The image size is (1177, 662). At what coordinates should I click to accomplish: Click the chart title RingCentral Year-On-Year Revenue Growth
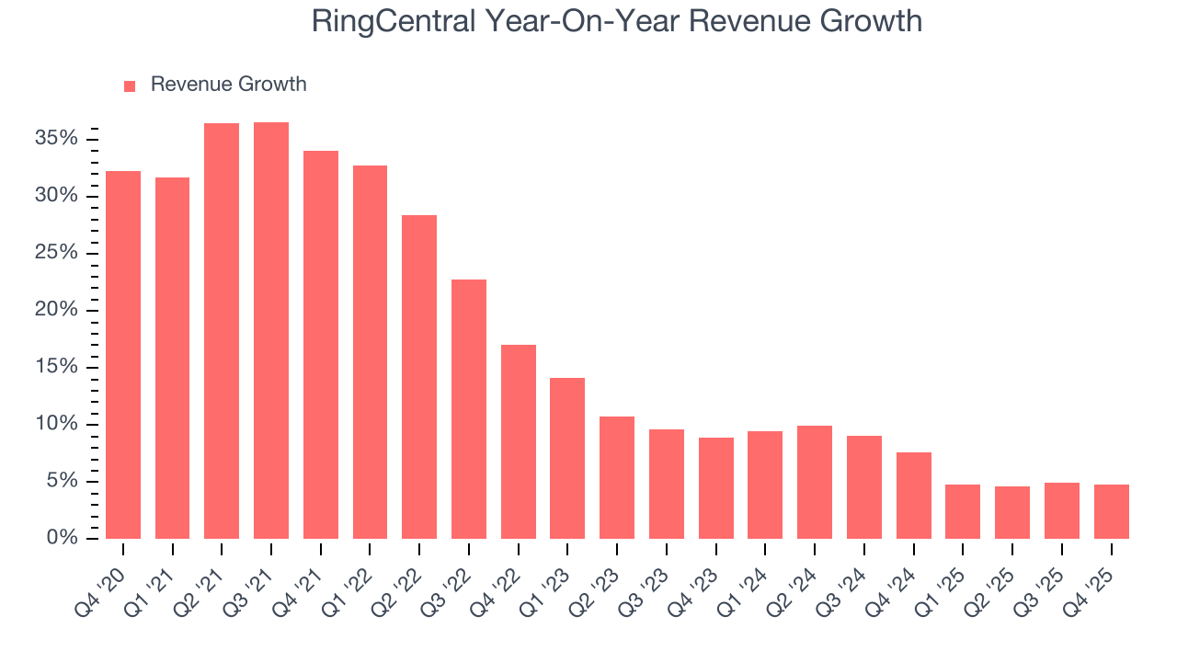pos(616,21)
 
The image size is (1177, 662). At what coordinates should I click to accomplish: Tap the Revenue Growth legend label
pos(228,85)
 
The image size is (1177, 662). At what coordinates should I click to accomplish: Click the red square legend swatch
pos(130,86)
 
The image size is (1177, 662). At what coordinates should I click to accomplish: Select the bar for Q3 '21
pos(271,331)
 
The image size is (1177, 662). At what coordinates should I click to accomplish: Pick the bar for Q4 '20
pos(123,355)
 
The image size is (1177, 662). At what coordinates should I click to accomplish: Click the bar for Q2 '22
pos(419,377)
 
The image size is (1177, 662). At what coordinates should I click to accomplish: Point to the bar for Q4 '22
pos(519,441)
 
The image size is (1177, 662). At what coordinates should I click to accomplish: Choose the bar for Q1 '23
pos(567,458)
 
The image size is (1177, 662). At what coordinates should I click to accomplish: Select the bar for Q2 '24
pos(815,482)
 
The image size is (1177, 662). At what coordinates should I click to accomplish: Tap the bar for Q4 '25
pos(1111,511)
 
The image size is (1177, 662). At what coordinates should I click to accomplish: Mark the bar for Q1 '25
pos(963,511)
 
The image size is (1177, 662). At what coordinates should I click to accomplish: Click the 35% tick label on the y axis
pos(57,139)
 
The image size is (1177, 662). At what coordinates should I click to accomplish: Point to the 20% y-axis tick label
pos(57,310)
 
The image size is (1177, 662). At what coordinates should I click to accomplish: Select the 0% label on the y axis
pos(63,538)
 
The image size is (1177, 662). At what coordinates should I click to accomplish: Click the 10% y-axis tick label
pos(57,424)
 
